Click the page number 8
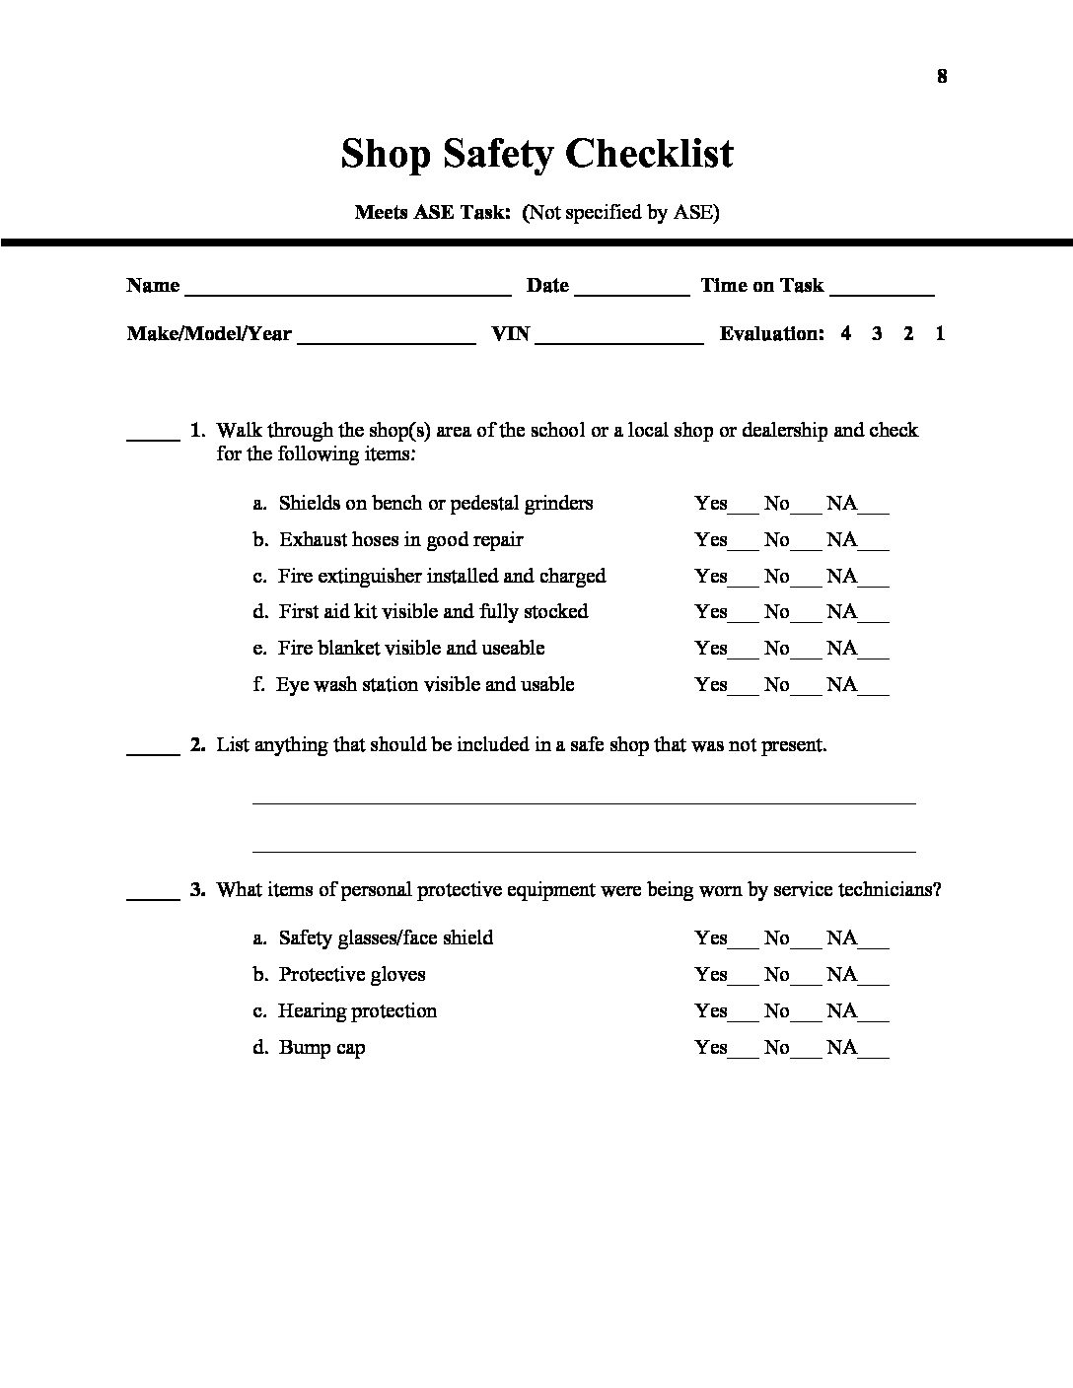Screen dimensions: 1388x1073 pyautogui.click(x=942, y=77)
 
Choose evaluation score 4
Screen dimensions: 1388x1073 pyautogui.click(x=846, y=333)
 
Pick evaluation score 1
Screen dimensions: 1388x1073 pyautogui.click(x=940, y=333)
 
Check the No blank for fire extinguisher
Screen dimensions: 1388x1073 pyautogui.click(x=806, y=582)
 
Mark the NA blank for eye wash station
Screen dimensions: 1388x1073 pyautogui.click(x=874, y=690)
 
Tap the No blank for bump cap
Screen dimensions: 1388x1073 pyautogui.click(x=806, y=1053)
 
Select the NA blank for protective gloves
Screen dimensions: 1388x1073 pyautogui.click(x=874, y=980)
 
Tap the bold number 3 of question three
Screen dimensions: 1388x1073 pyautogui.click(x=197, y=889)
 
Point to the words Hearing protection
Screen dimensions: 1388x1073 pyautogui.click(x=357, y=1010)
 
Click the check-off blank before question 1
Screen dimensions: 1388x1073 pyautogui.click(x=153, y=435)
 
